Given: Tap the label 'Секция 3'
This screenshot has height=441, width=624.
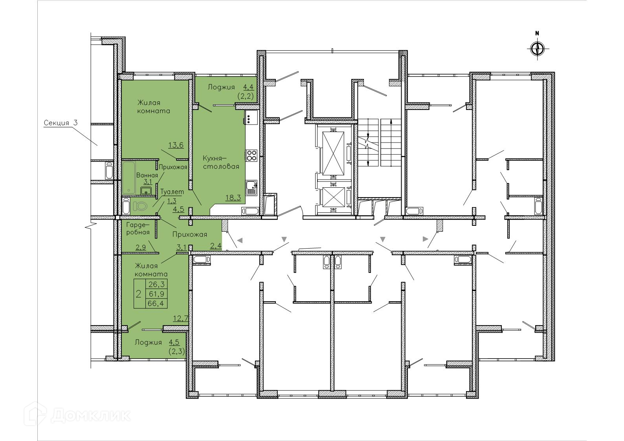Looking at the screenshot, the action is coord(61,123).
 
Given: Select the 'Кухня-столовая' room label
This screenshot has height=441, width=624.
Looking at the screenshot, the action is coord(221,162).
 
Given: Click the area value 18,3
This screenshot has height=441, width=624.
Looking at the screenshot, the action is coord(233,198).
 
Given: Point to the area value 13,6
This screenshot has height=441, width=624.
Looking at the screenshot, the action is coord(176,145).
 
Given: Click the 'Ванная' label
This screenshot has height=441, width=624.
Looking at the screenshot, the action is coord(147,175).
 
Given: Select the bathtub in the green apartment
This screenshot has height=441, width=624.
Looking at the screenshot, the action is coord(128,177).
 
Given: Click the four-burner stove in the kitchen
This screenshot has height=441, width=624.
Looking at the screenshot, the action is coord(251,155).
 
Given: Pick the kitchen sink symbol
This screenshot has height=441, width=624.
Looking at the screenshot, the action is coord(251,188).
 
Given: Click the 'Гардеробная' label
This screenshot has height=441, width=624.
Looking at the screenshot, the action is coord(138,228).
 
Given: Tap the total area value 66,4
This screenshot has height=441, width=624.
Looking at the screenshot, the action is coord(156,304).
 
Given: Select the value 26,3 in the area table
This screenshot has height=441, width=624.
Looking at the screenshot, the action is coord(156,284).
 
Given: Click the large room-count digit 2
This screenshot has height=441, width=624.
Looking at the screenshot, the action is coord(139,294).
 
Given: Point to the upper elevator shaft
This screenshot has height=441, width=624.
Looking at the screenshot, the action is coord(333,149).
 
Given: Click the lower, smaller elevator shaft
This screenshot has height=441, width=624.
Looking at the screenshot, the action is coord(333,198).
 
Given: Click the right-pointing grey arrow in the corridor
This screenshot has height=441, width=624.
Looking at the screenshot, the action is coord(426,239).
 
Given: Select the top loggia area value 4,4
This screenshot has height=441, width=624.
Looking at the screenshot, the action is coord(248,87).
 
